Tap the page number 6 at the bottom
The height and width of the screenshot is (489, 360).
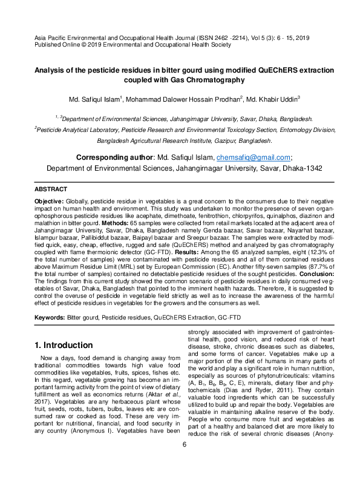tap(185, 479)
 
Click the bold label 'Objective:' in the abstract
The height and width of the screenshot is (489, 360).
tap(48, 200)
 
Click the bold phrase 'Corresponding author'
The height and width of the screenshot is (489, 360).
tap(114, 157)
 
